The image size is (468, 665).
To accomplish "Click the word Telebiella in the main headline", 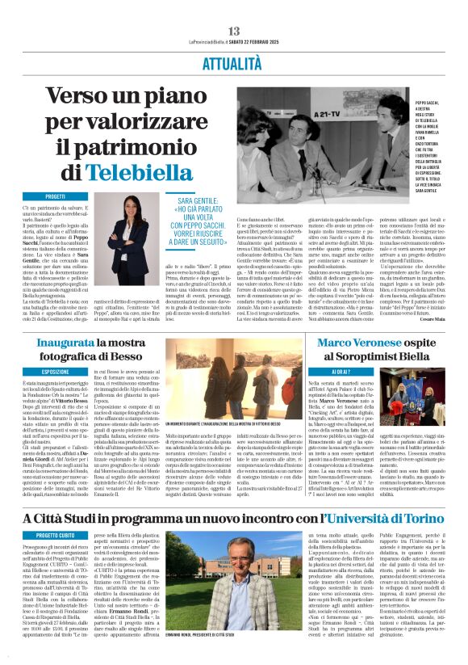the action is (x=141, y=171).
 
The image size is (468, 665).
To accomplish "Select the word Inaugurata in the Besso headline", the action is (x=61, y=344).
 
